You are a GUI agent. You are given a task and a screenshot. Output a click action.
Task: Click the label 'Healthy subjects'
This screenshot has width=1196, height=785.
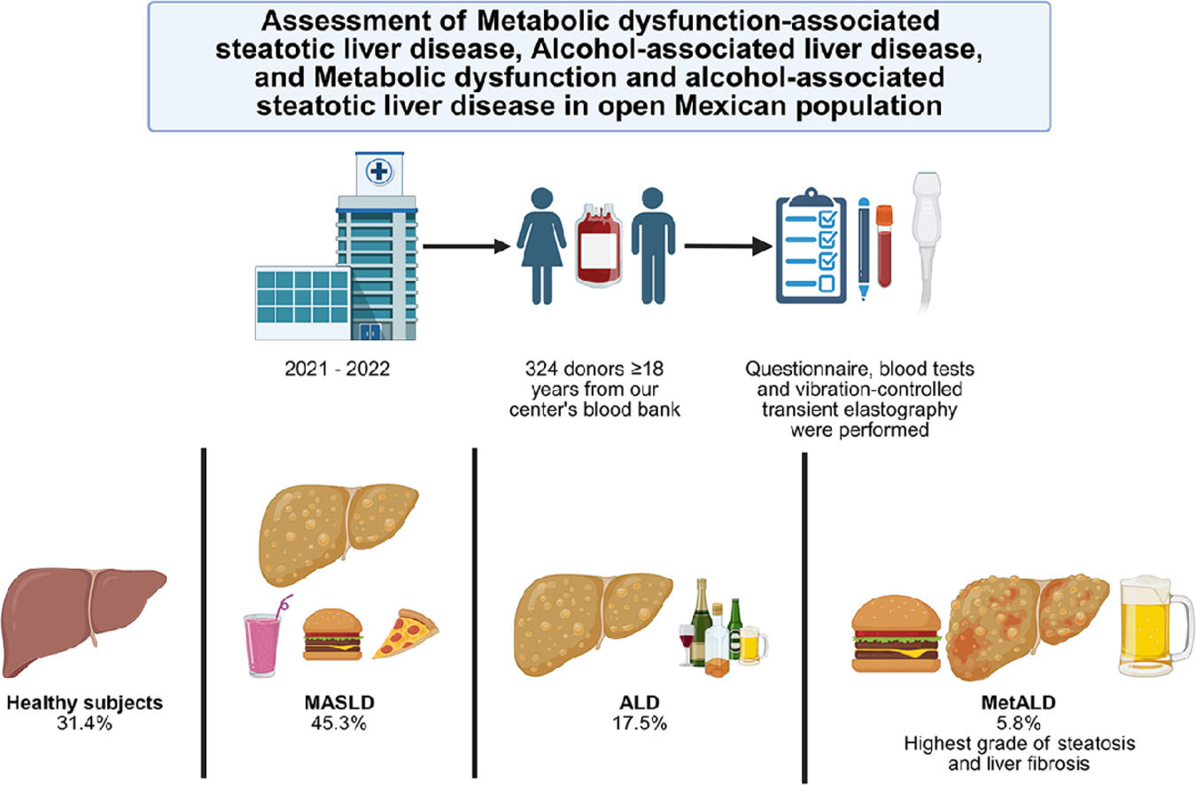click(x=84, y=703)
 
